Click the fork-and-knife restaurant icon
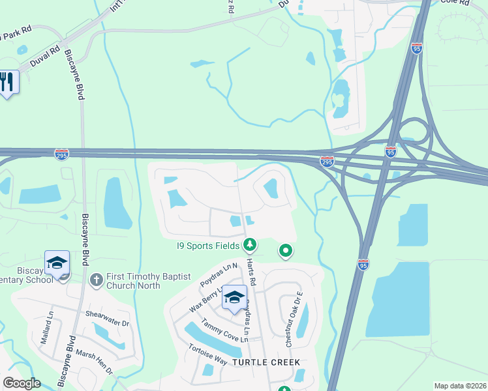coord(7,82)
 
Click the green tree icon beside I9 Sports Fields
coord(249,245)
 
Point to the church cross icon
coord(97,280)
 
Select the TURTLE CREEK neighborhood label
coord(267,362)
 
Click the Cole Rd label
coord(455,3)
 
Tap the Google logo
coord(22,383)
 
